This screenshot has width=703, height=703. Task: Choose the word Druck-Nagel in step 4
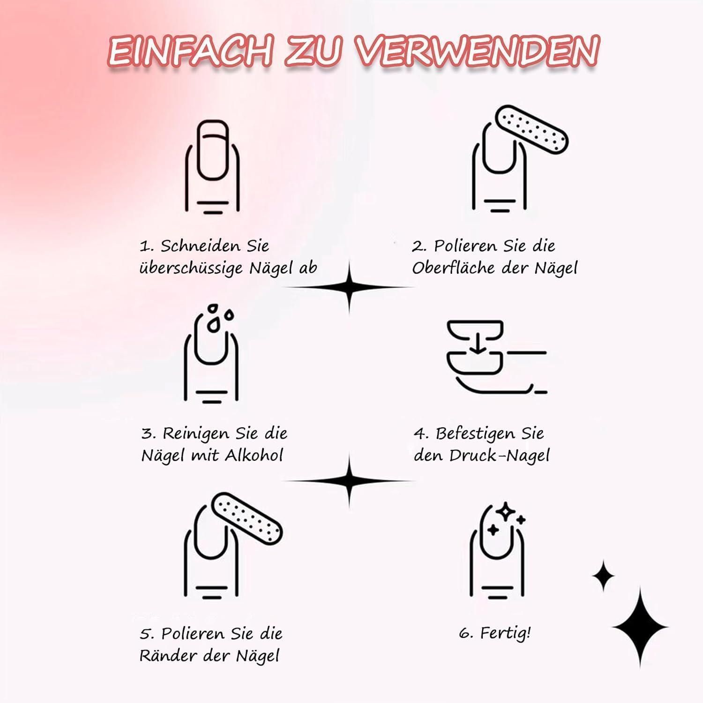tap(500, 456)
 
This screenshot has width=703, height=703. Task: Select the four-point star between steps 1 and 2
tap(349, 287)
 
